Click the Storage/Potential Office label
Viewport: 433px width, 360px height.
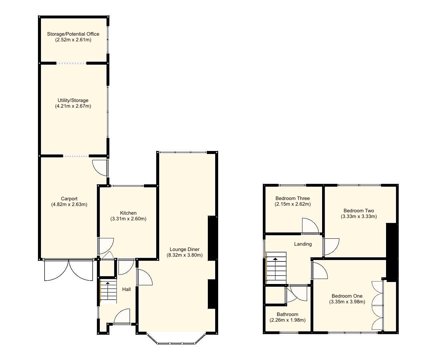click(x=73, y=34)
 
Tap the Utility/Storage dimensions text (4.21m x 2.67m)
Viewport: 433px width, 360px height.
click(x=73, y=106)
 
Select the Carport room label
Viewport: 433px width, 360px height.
click(x=69, y=199)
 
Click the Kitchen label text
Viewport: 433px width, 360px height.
click(x=128, y=213)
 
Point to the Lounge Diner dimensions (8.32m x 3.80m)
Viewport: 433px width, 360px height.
click(x=185, y=255)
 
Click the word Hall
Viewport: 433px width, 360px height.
click(x=126, y=289)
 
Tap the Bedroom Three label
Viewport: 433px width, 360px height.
click(x=292, y=198)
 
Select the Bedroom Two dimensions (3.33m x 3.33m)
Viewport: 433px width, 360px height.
click(x=359, y=216)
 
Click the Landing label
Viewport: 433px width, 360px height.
click(x=303, y=244)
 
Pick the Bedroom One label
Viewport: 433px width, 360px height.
click(x=347, y=296)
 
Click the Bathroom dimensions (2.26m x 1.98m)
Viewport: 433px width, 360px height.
click(x=287, y=320)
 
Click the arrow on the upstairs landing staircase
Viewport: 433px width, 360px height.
click(x=275, y=259)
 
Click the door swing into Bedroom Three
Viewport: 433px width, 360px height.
click(x=310, y=226)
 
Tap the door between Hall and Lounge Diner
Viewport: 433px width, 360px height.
click(x=144, y=277)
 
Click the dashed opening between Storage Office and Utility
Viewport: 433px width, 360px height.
click(x=72, y=63)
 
